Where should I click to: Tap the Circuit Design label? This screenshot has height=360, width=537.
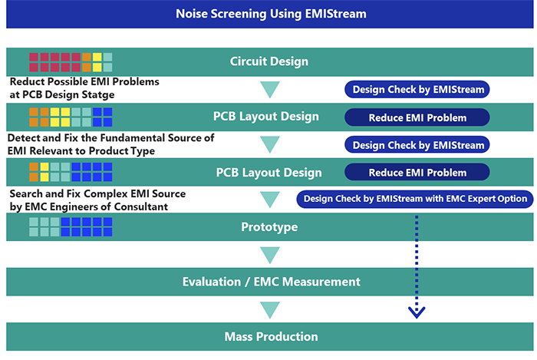coord(269,61)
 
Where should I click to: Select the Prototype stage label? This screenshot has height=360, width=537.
coord(269,227)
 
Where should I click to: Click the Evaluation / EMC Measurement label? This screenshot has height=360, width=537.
coord(272,282)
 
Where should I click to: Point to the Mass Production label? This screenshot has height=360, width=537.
coord(272,336)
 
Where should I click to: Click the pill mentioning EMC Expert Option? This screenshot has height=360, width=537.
coord(415,199)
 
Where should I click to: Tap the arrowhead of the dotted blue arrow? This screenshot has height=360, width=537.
coord(417,312)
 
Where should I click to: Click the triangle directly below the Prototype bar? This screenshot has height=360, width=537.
coord(270,255)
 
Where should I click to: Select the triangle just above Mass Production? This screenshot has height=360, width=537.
coord(270,310)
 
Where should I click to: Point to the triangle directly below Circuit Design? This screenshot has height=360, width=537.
coord(270,90)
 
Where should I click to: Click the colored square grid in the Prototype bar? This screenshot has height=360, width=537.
coord(71,226)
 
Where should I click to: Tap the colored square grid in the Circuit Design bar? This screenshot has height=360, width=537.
coord(71,62)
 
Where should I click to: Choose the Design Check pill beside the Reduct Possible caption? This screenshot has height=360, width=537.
coord(417,89)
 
